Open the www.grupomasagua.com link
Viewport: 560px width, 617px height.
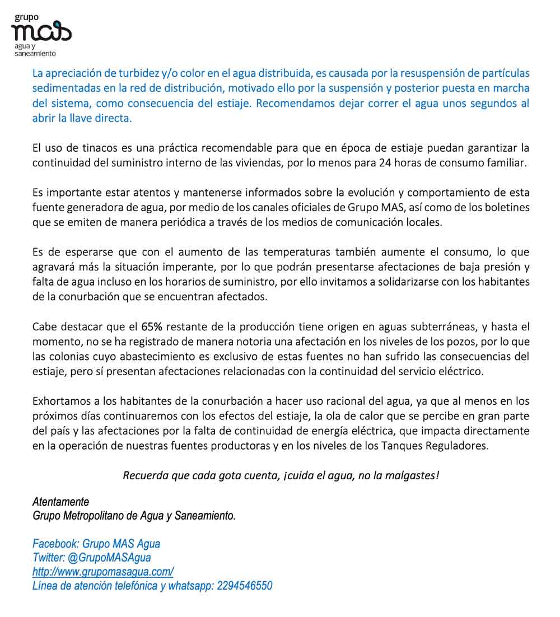[103, 572]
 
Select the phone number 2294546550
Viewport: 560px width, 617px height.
[244, 586]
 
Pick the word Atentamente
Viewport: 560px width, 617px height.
[61, 502]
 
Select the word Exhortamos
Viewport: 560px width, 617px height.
[59, 401]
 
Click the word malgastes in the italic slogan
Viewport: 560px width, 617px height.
[412, 476]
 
